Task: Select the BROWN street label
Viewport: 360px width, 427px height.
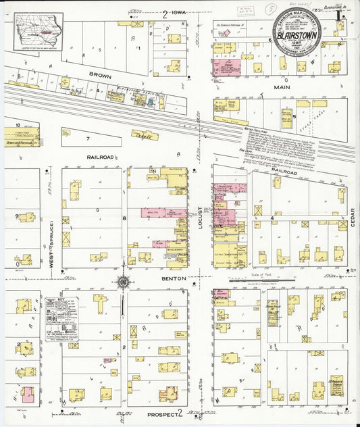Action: (x=99, y=69)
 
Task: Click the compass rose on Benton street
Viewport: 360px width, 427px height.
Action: (x=123, y=282)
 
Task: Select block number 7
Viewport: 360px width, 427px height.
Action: (x=87, y=138)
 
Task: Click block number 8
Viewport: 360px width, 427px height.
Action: (x=124, y=218)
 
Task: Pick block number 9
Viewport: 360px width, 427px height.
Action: (x=16, y=216)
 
